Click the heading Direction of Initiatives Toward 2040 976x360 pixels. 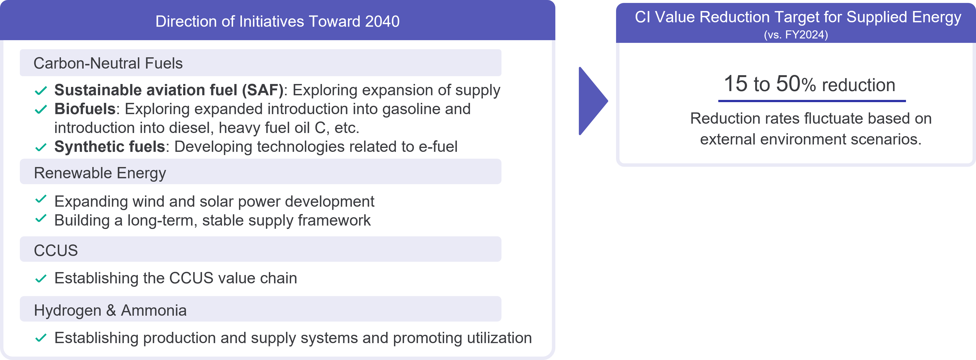[277, 22]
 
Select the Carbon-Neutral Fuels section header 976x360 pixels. [108, 63]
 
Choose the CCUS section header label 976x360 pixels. [56, 251]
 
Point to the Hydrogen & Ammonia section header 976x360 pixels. [110, 310]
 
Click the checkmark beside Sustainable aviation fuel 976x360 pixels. [41, 91]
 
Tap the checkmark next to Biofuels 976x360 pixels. [41, 109]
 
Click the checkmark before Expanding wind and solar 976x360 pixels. [41, 199]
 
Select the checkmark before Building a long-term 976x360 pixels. [41, 218]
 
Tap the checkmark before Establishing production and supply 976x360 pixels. [41, 338]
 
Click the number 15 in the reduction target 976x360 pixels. [736, 84]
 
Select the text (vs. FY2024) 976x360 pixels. [796, 35]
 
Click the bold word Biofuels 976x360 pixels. [85, 109]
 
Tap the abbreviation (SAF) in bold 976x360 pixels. [263, 90]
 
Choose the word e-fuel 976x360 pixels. [438, 147]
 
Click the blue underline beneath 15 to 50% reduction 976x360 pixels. [812, 101]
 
